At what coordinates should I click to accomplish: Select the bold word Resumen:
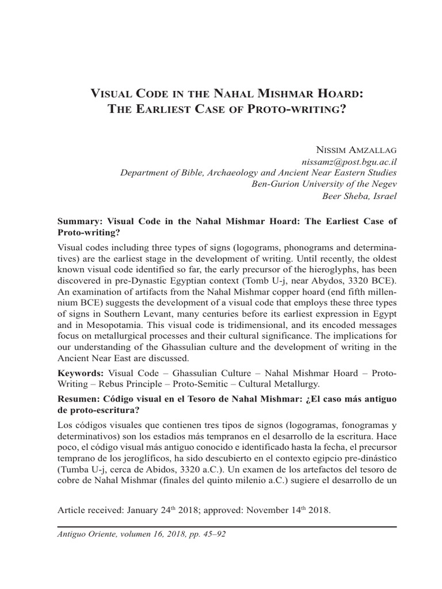click(x=81, y=399)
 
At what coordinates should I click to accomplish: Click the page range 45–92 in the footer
click(x=212, y=534)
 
